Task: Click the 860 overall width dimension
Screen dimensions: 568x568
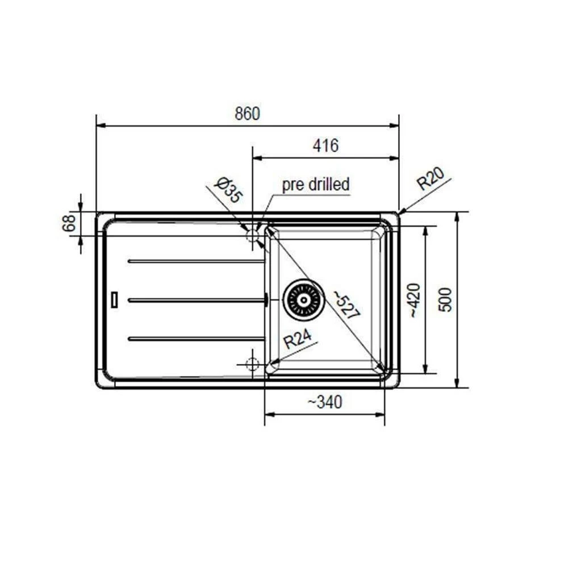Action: [x=247, y=114]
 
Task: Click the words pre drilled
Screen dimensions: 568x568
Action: [x=316, y=185]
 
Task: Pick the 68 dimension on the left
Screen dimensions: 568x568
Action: [x=69, y=223]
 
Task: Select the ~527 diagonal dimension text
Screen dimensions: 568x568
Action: [x=347, y=304]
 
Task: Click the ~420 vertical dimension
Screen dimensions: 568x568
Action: [x=414, y=300]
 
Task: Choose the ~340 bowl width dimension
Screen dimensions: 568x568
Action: [x=325, y=402]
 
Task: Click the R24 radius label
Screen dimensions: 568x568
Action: [x=298, y=339]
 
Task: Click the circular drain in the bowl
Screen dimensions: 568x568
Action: [x=304, y=300]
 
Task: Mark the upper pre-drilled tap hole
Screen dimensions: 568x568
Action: [x=252, y=235]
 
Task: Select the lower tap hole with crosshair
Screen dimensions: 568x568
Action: [x=252, y=364]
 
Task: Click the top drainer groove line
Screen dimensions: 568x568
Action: [x=196, y=261]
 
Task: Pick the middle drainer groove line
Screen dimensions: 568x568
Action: [x=196, y=300]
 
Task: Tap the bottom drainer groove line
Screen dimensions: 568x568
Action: [x=196, y=339]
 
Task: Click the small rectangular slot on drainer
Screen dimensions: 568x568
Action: [x=115, y=300]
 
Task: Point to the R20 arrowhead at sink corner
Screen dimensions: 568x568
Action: [x=402, y=212]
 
